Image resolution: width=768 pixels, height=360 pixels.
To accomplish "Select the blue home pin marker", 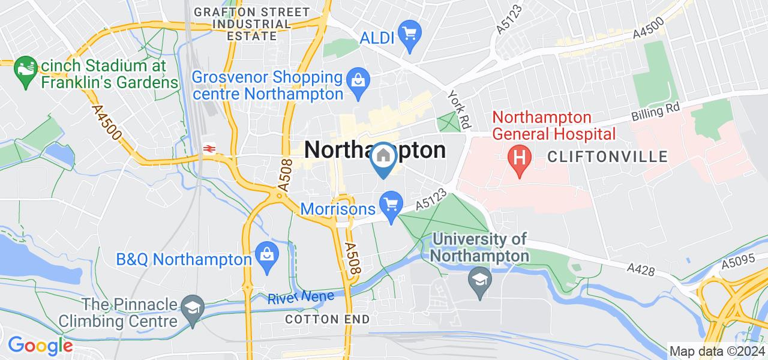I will click(383, 159).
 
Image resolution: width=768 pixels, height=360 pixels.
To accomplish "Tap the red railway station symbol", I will click(209, 148).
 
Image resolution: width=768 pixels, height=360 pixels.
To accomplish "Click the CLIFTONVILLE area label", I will click(608, 157).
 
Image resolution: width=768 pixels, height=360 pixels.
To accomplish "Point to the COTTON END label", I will click(328, 319).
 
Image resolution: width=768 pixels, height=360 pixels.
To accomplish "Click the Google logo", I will click(40, 346).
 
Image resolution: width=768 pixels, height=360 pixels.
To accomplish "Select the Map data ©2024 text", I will click(717, 352).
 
